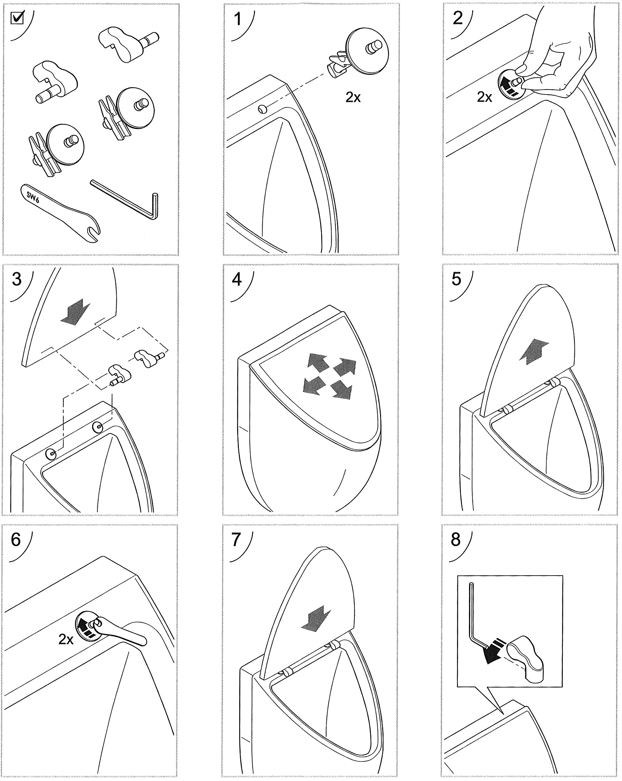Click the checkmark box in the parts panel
[x=17, y=18]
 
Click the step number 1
[x=238, y=19]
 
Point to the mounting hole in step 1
[x=262, y=108]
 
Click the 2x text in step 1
[x=353, y=97]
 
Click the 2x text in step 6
[x=65, y=640]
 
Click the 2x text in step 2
[x=484, y=97]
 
